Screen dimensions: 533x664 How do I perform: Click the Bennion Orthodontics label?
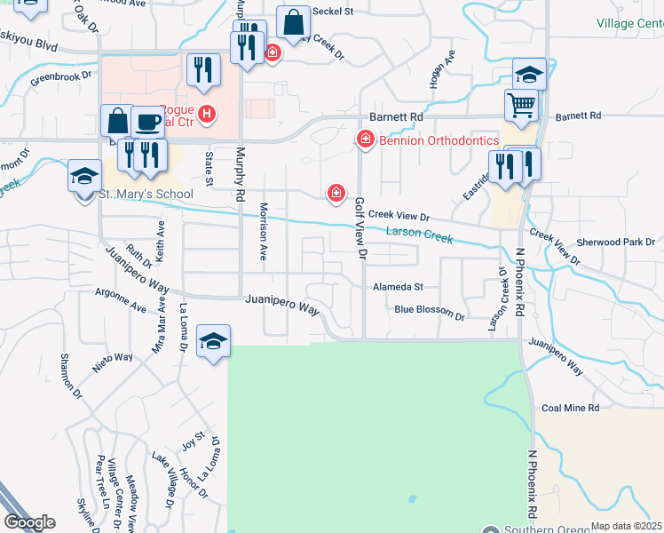(439, 139)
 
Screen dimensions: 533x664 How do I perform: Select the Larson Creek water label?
(419, 235)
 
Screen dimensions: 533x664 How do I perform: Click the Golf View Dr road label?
(360, 229)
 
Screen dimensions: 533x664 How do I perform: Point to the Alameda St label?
(399, 287)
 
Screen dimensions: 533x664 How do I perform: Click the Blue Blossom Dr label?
(430, 311)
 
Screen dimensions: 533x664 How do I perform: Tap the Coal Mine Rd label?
(570, 408)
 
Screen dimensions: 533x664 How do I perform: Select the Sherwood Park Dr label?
(615, 242)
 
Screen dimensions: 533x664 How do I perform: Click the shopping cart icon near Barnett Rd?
(522, 105)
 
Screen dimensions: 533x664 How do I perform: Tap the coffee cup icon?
(146, 121)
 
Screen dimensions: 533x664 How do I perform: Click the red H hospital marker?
(208, 113)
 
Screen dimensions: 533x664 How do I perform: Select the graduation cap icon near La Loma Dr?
(213, 341)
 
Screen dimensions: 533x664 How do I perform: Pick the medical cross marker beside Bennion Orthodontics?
(365, 139)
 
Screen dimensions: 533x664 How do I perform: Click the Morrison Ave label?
(264, 231)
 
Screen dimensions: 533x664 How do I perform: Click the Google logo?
(29, 521)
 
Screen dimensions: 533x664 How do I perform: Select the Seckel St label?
(336, 12)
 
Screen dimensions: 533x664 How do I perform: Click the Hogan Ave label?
(437, 68)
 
